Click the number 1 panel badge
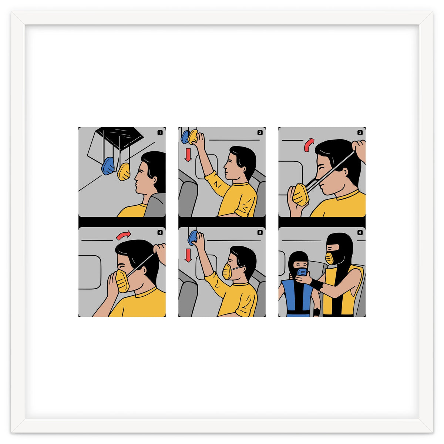coord(160,132)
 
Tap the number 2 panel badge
coord(260,132)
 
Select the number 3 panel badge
coord(360,132)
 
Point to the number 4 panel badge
coord(160,233)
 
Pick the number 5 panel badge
coord(260,233)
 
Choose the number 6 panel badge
coord(360,233)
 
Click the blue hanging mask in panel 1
coord(108,166)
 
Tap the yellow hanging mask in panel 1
coord(124,171)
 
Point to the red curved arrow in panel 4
coord(123,235)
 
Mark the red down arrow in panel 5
coord(188,255)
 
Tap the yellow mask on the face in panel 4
coord(122,281)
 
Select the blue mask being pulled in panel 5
coord(193,238)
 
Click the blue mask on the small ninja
coord(302,272)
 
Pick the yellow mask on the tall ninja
coord(330,258)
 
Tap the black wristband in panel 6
coord(317,285)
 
